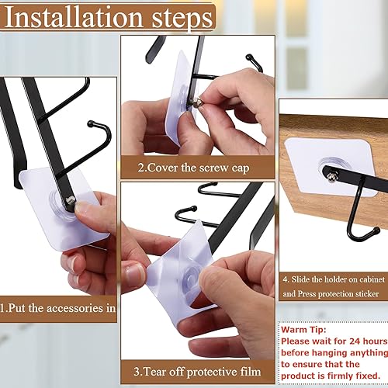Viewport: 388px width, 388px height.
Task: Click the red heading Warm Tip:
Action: (308, 329)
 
